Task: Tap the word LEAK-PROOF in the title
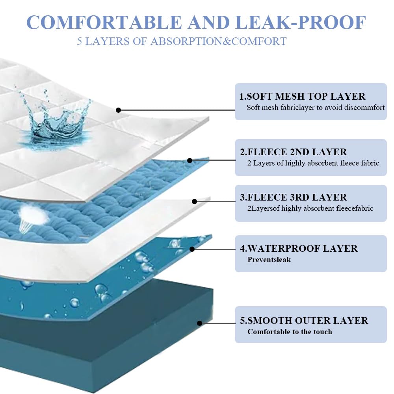[x=301, y=22]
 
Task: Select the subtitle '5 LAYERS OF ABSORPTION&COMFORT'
[x=182, y=41]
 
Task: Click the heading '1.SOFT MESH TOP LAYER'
[x=302, y=97]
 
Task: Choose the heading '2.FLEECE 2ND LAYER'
[x=293, y=152]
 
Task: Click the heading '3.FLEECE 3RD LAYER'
[x=293, y=197]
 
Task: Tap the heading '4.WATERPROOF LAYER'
[x=299, y=249]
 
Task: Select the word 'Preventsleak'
[x=269, y=260]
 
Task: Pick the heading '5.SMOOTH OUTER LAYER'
[x=304, y=321]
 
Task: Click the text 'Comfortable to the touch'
[x=290, y=332]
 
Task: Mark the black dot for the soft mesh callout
[x=119, y=110]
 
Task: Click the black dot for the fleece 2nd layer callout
[x=190, y=160]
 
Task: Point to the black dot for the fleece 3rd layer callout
[x=194, y=201]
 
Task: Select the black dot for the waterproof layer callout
[x=192, y=249]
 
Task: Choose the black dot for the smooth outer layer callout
[x=200, y=323]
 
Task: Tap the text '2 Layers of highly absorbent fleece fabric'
[x=313, y=163]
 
